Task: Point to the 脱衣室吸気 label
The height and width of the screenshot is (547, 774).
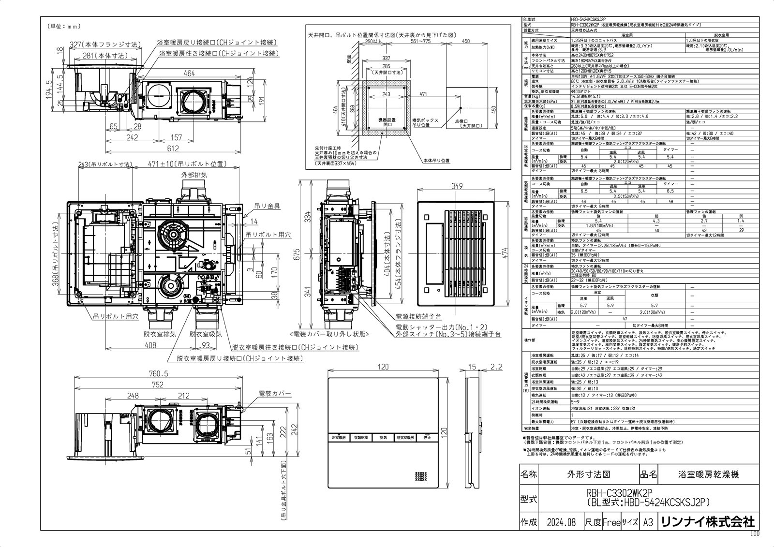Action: coord(206,334)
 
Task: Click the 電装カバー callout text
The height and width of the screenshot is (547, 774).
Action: coord(274,394)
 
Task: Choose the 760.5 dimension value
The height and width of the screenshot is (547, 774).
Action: coord(158,373)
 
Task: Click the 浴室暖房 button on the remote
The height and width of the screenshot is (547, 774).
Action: coord(339,437)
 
